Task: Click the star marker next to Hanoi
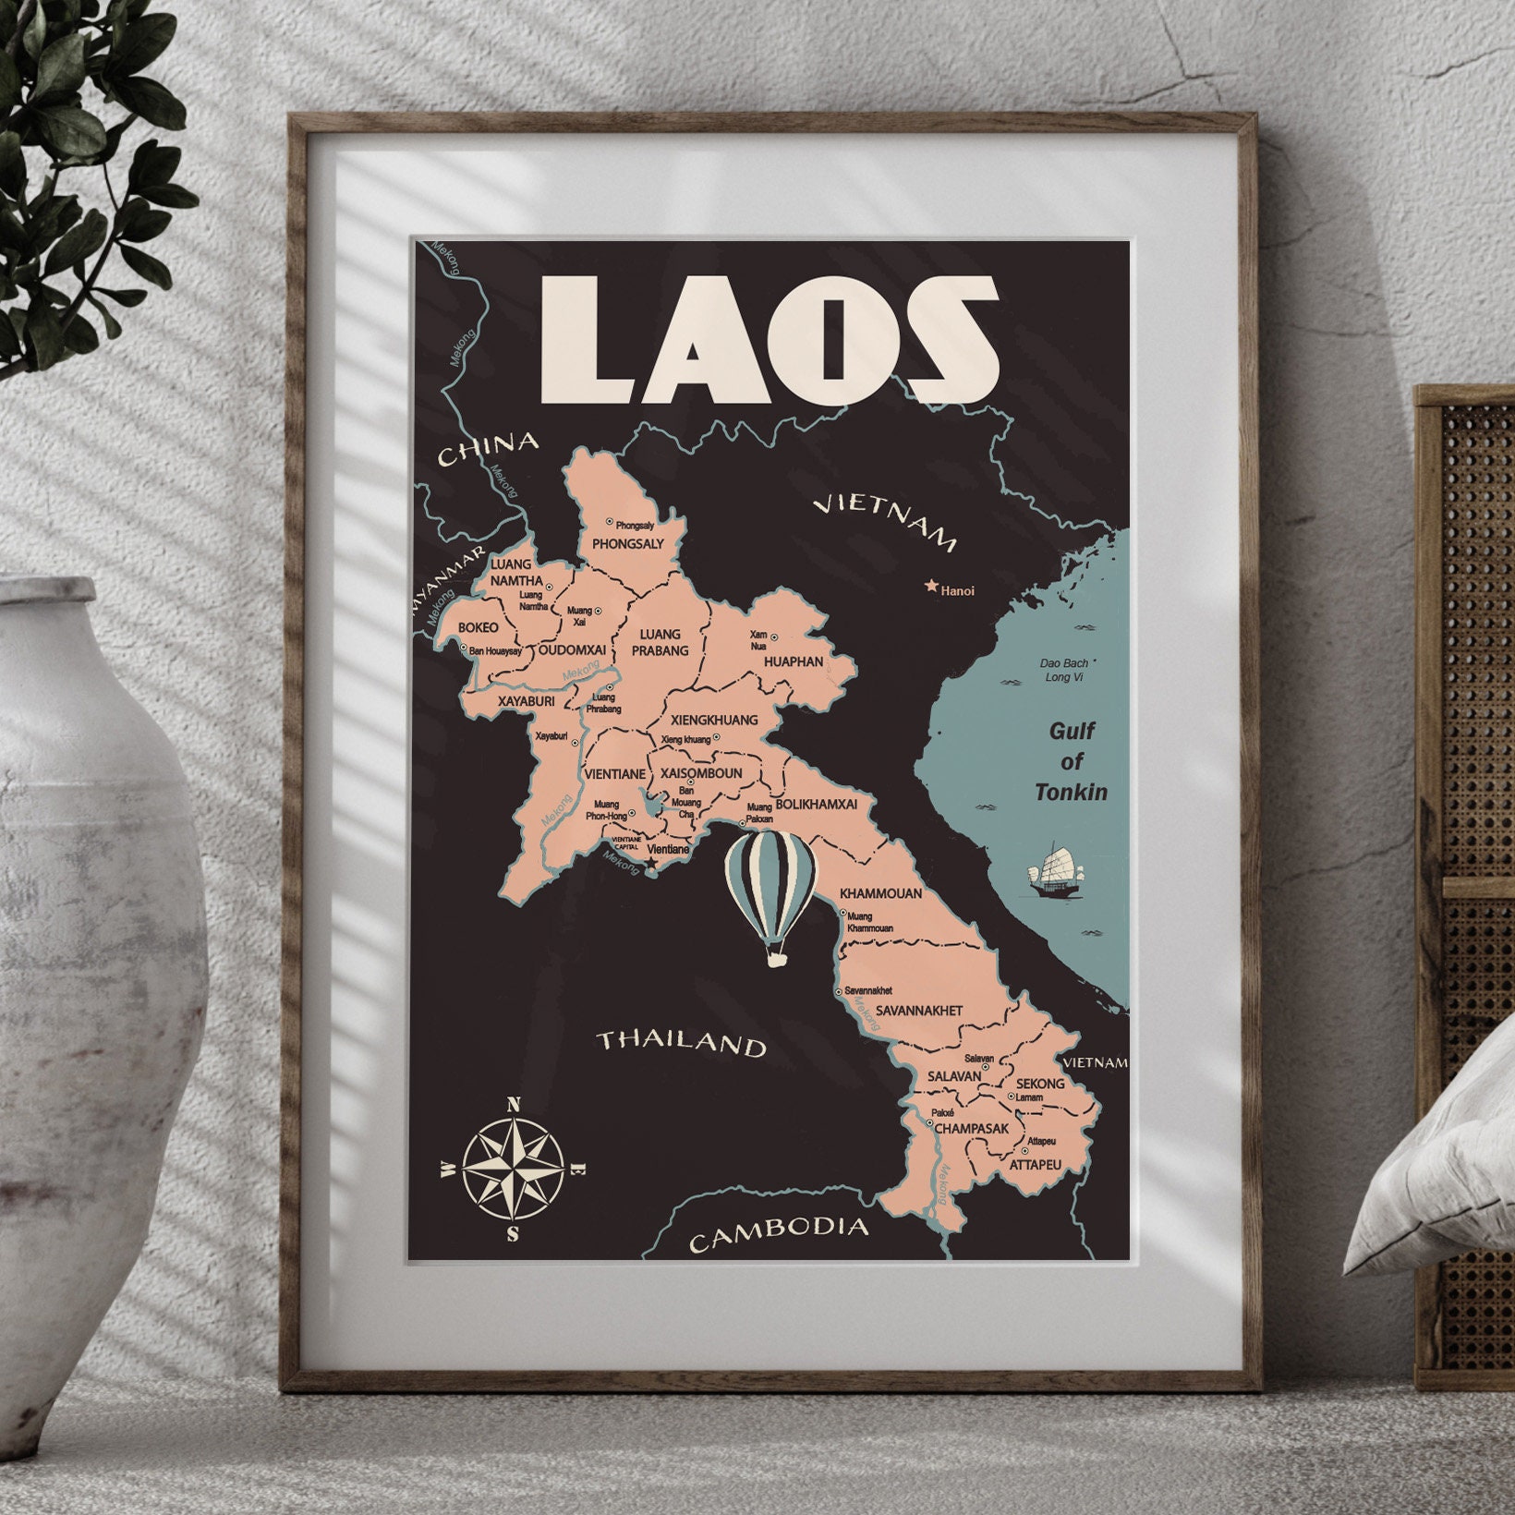[931, 586]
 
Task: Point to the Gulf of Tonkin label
[1072, 761]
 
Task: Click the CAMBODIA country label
[780, 1232]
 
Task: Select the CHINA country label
[487, 449]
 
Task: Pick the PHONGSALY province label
[628, 544]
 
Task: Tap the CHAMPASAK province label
[971, 1129]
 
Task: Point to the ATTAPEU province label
[1036, 1165]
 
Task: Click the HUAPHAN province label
[794, 661]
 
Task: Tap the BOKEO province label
[478, 628]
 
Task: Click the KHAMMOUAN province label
[880, 893]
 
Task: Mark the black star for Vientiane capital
[651, 863]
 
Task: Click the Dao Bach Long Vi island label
[1064, 670]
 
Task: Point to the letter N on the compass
[515, 1103]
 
